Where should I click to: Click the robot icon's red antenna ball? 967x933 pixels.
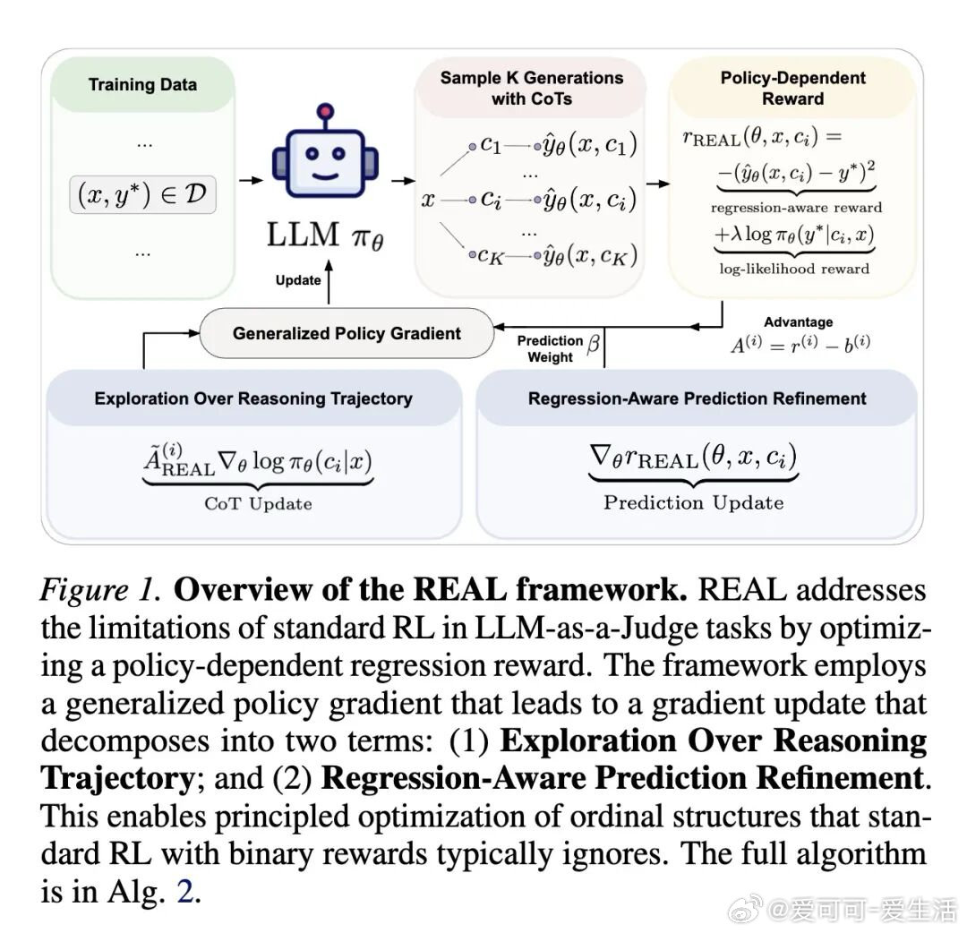click(x=325, y=112)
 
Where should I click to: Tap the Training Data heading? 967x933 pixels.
click(x=142, y=84)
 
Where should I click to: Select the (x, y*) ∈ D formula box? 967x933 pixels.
click(x=142, y=194)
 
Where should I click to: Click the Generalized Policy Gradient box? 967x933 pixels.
click(x=347, y=333)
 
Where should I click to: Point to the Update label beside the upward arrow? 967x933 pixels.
click(x=298, y=280)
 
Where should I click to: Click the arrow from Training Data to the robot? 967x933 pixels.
click(x=251, y=180)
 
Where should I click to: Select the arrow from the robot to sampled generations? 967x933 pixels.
click(x=403, y=181)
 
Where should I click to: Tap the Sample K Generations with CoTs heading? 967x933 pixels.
click(x=532, y=88)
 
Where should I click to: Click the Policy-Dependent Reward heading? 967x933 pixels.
click(x=792, y=88)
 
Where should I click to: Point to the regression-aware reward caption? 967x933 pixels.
click(x=796, y=207)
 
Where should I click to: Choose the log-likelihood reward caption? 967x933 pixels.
click(x=794, y=269)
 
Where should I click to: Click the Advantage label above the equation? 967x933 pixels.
click(x=798, y=322)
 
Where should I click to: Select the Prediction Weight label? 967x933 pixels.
click(x=550, y=348)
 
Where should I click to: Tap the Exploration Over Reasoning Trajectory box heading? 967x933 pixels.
click(x=253, y=398)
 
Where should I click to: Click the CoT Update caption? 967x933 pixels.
click(x=258, y=504)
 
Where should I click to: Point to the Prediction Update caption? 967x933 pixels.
click(x=694, y=502)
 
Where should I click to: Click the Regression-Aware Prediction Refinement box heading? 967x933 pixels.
click(x=697, y=398)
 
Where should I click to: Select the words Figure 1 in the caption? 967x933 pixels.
click(x=100, y=590)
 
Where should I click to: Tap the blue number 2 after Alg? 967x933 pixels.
click(x=185, y=891)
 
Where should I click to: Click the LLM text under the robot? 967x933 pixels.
click(x=303, y=235)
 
